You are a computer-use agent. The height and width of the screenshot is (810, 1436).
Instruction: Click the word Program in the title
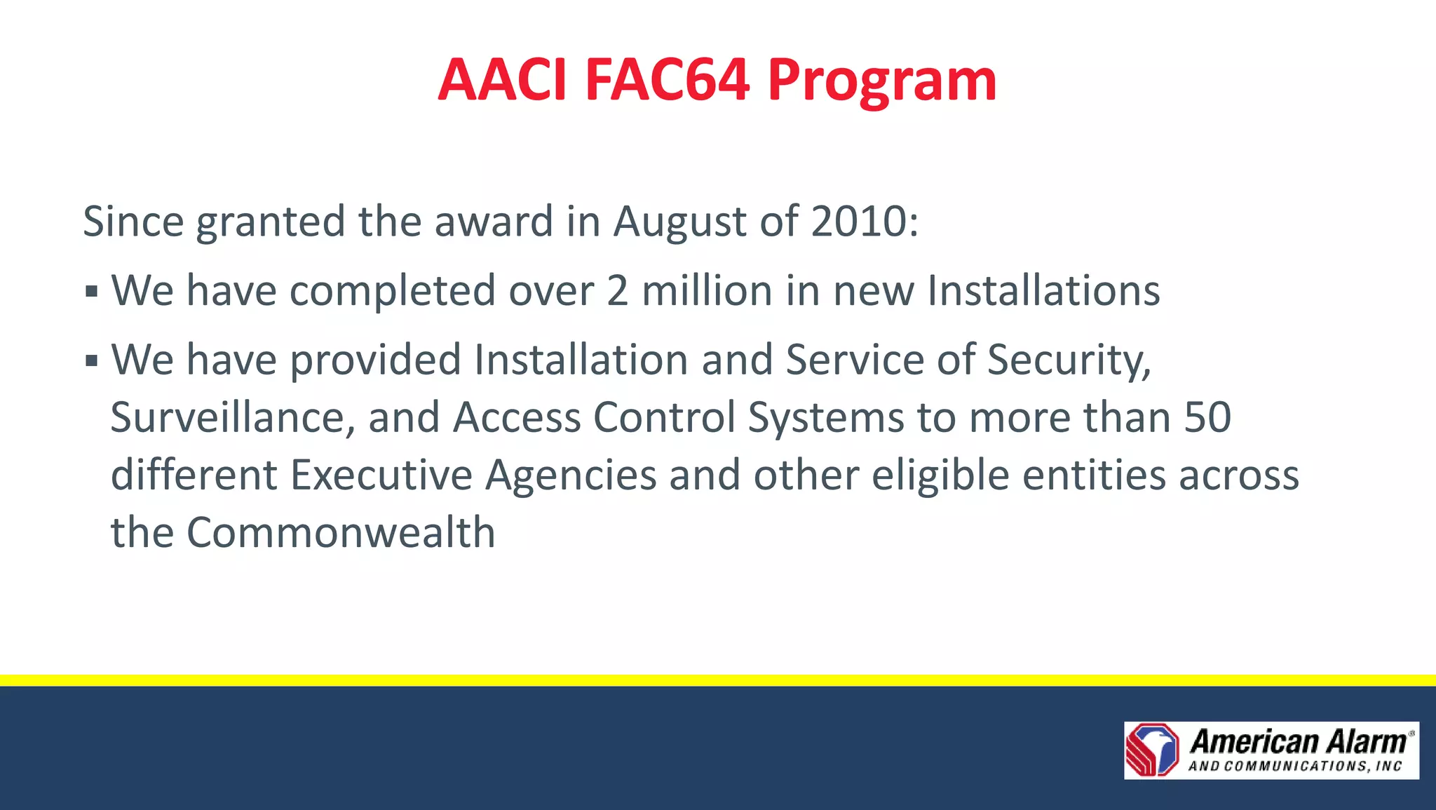(x=881, y=81)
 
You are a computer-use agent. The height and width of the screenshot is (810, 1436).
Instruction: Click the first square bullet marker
(x=91, y=291)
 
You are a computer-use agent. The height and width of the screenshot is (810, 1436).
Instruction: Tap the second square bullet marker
(x=91, y=361)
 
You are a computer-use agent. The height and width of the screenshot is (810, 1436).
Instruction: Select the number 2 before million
(x=617, y=291)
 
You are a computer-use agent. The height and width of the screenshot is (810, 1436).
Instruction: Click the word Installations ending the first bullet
(x=1043, y=291)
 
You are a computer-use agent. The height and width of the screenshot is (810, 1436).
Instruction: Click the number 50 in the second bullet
(x=1207, y=418)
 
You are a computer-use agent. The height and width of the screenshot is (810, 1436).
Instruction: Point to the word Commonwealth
(x=341, y=533)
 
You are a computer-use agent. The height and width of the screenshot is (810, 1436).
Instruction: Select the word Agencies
(x=571, y=475)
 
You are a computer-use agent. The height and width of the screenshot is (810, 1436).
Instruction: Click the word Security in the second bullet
(x=1069, y=361)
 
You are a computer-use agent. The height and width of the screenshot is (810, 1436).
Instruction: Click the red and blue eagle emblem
(x=1152, y=750)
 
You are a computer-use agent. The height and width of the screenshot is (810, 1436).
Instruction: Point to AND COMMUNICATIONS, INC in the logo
(x=1294, y=766)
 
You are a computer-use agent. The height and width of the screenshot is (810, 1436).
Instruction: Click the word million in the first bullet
(x=707, y=291)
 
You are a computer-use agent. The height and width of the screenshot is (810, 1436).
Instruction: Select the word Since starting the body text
(x=133, y=222)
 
